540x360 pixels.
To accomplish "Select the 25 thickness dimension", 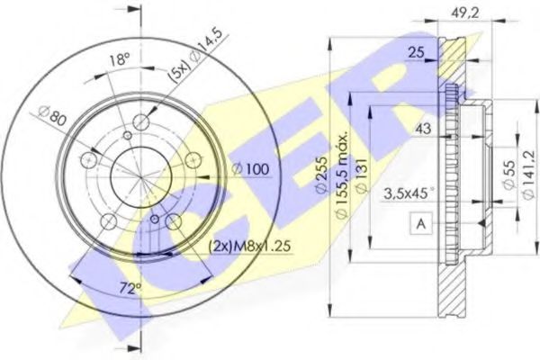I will coord(415,53).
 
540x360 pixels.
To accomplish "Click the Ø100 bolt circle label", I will coord(251,168).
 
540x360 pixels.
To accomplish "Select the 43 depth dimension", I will coord(424,129).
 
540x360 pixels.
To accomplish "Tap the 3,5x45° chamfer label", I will coord(409,191).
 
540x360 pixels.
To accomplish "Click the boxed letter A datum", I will coord(420,221).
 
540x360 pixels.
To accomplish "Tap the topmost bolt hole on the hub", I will coord(140,122).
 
